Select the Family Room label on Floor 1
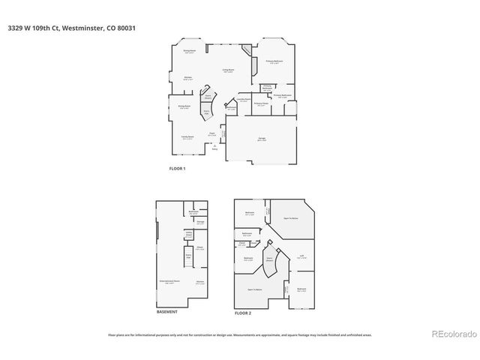pyautogui.click(x=187, y=137)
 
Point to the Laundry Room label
pyautogui.click(x=241, y=100)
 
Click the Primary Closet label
pyautogui.click(x=260, y=104)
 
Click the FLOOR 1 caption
pyautogui.click(x=177, y=168)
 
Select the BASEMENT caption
pyautogui.click(x=166, y=311)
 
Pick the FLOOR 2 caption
pyautogui.click(x=244, y=311)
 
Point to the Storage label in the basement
pyautogui.click(x=200, y=221)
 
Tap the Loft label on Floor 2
pyautogui.click(x=301, y=256)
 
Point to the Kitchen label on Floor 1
pyautogui.click(x=188, y=78)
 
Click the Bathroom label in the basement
pyautogui.click(x=193, y=212)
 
